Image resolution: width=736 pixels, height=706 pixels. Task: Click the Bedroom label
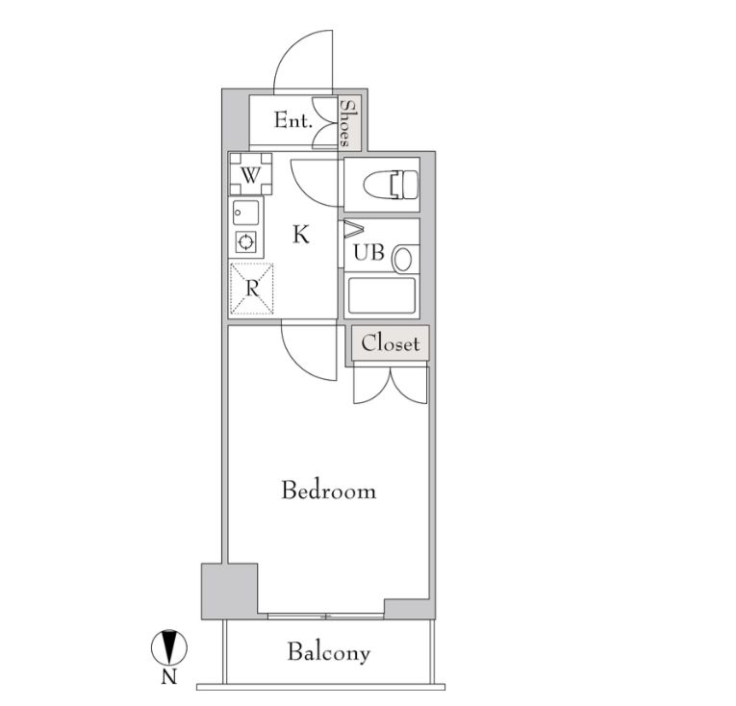pos(329,491)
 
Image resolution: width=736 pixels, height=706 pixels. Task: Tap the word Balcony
pos(329,652)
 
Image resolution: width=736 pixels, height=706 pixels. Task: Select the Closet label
pos(390,343)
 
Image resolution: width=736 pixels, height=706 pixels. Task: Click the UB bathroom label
pos(368,253)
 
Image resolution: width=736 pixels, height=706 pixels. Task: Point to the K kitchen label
pos(301,235)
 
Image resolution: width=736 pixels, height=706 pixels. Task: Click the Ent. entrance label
pos(293,120)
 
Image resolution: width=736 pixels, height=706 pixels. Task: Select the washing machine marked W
pos(250,174)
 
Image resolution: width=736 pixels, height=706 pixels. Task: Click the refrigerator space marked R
pos(252,289)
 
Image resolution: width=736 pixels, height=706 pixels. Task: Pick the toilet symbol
pos(391,185)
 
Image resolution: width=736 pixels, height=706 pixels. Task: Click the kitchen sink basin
pos(246,214)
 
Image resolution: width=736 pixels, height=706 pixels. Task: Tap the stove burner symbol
pos(246,242)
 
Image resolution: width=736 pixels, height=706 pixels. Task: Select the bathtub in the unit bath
pos(382,295)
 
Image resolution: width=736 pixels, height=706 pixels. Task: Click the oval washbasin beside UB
pos(403,260)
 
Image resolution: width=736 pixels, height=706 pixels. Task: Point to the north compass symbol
pos(169,647)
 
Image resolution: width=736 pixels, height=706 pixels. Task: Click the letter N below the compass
pos(169,677)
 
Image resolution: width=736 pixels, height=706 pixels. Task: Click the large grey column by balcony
pos(230,591)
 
